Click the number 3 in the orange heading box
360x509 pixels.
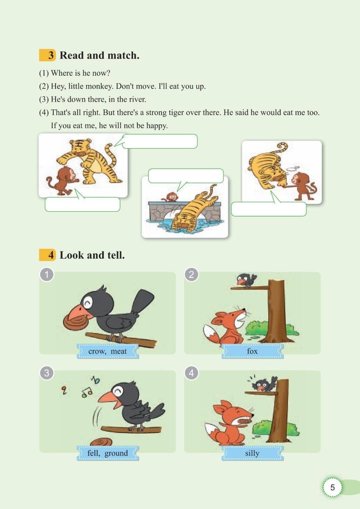click(51, 55)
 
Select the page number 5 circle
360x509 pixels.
click(332, 487)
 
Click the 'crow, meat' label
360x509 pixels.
click(108, 351)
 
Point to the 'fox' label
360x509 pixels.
click(252, 351)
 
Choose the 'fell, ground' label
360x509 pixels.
click(108, 453)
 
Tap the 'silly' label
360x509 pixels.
click(252, 453)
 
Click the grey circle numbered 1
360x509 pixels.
click(47, 275)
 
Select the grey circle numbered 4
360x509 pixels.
click(191, 373)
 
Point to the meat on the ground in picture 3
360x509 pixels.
click(101, 442)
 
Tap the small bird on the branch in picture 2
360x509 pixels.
click(246, 280)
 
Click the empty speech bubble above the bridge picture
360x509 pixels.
click(186, 176)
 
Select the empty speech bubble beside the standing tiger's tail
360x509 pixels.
click(160, 141)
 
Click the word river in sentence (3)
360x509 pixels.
click(137, 99)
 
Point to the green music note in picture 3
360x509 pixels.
click(87, 393)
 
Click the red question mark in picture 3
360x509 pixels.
click(64, 390)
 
